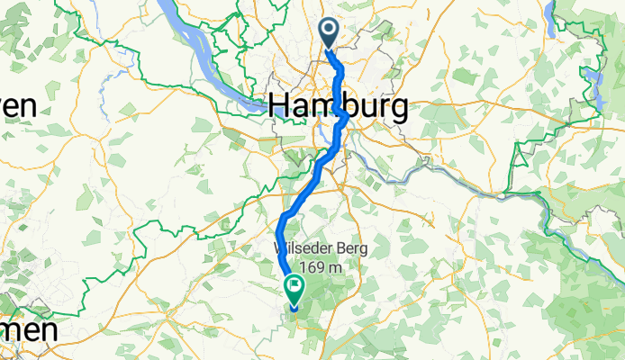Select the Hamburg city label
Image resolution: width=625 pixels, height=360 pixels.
coord(338,106)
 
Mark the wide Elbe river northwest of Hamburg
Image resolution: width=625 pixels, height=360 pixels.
coord(194,40)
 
